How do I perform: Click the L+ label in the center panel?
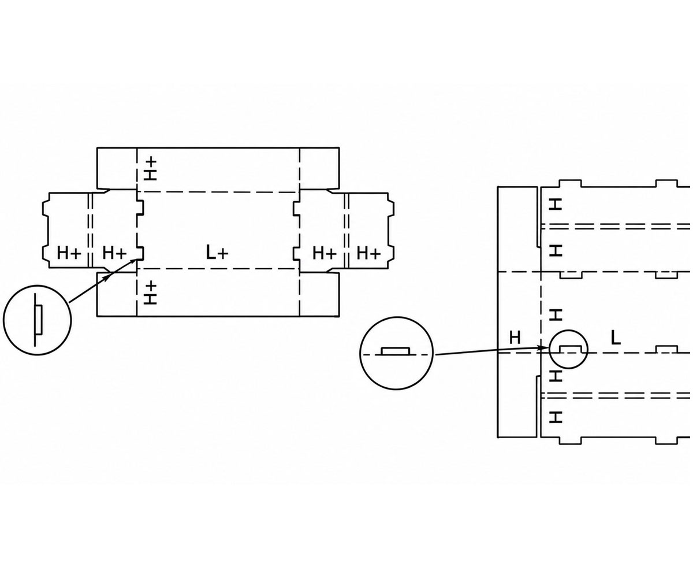217,253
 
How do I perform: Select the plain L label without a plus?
616,339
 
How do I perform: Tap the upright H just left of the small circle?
515,338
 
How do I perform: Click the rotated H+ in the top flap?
151,169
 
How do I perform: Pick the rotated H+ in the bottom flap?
151,292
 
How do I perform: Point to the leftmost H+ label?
69,253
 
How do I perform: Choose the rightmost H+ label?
368,253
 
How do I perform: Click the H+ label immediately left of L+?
114,253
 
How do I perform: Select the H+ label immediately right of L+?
325,253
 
